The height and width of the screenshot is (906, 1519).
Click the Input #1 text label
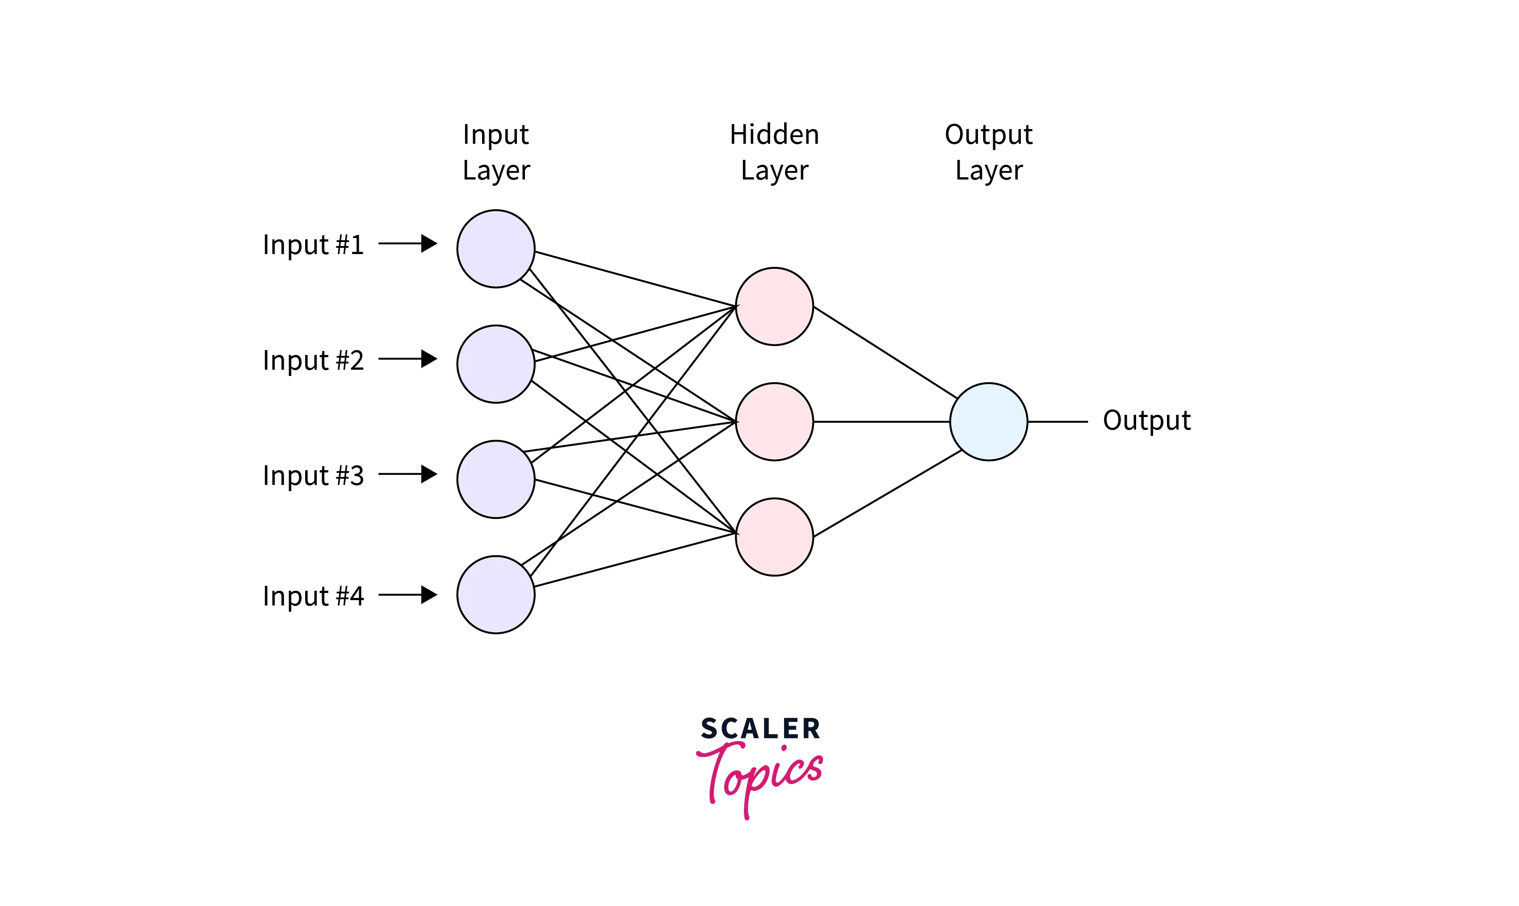click(x=313, y=245)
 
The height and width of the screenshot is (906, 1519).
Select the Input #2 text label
click(x=313, y=360)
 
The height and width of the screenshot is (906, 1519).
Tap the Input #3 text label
click(x=313, y=476)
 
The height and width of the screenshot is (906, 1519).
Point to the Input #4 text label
click(x=313, y=596)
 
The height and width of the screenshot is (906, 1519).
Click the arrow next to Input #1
click(x=407, y=244)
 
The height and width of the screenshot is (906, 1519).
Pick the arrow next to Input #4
click(x=407, y=595)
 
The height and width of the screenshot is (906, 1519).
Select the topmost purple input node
click(x=496, y=248)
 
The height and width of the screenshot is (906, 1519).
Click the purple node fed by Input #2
click(x=496, y=364)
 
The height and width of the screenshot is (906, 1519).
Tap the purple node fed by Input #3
click(x=496, y=479)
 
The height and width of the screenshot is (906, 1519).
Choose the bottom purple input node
click(x=496, y=595)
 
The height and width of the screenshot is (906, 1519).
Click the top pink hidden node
click(x=774, y=306)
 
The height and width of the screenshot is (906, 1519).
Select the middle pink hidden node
click(x=774, y=421)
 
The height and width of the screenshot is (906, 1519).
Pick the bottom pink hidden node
click(x=774, y=537)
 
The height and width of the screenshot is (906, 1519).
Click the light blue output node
click(x=989, y=421)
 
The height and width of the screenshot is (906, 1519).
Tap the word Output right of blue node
click(x=1146, y=421)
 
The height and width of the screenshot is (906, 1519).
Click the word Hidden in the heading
click(x=774, y=134)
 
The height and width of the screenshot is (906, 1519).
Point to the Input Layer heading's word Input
click(x=495, y=134)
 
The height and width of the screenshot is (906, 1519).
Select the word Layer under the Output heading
click(x=989, y=170)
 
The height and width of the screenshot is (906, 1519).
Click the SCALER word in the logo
click(x=760, y=729)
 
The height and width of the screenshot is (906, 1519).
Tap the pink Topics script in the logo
click(x=760, y=775)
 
